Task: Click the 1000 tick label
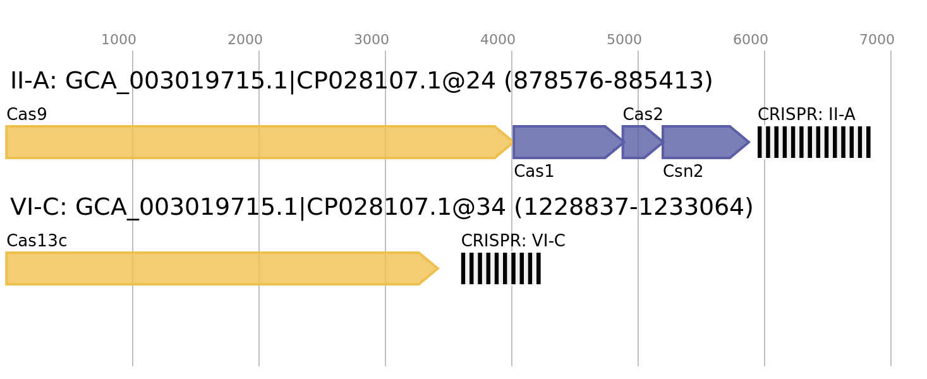point(118,40)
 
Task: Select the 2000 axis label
point(245,40)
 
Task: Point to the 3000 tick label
point(371,40)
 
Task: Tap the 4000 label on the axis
point(497,40)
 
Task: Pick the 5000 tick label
point(624,40)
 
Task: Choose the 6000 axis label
point(750,40)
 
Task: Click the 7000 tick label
point(876,40)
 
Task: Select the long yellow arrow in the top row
point(253,142)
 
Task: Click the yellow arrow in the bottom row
point(215,268)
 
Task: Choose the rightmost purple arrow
point(701,142)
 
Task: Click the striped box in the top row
point(814,142)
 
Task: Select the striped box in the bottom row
point(500,268)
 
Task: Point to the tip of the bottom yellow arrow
point(438,268)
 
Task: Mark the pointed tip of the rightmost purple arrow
point(749,142)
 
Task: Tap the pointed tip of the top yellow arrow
point(512,142)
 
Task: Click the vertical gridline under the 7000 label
point(891,253)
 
